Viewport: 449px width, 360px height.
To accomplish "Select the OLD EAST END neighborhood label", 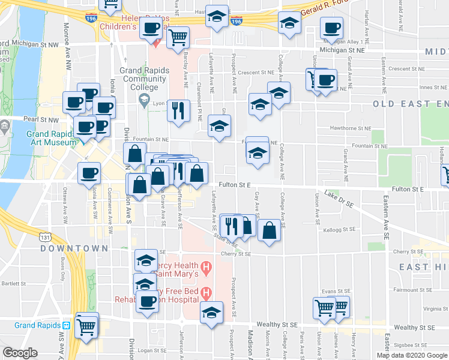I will click(411, 104).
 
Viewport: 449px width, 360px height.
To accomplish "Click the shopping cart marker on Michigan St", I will click(178, 38).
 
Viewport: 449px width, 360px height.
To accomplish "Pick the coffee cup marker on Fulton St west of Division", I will click(90, 173).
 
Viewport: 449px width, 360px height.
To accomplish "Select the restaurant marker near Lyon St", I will click(178, 110).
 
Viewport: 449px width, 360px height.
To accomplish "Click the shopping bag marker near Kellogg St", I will click(270, 230).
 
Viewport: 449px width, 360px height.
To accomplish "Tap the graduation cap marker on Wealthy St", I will click(211, 313).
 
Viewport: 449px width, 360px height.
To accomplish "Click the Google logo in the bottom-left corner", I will click(20, 353).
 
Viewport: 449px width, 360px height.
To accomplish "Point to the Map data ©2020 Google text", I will click(412, 355).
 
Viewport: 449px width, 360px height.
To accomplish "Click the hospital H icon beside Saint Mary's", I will click(206, 266).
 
